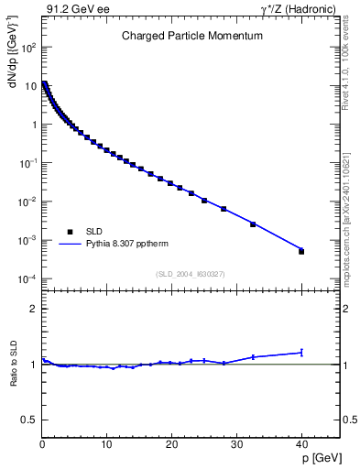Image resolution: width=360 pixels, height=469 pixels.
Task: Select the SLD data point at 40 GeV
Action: tap(301, 251)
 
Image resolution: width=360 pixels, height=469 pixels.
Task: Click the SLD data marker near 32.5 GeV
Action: tap(253, 224)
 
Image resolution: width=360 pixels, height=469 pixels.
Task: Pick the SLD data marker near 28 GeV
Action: tap(224, 209)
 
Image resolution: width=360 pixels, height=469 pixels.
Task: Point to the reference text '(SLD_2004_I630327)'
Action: tap(191, 273)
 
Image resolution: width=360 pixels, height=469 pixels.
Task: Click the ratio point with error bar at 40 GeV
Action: tap(301, 352)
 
